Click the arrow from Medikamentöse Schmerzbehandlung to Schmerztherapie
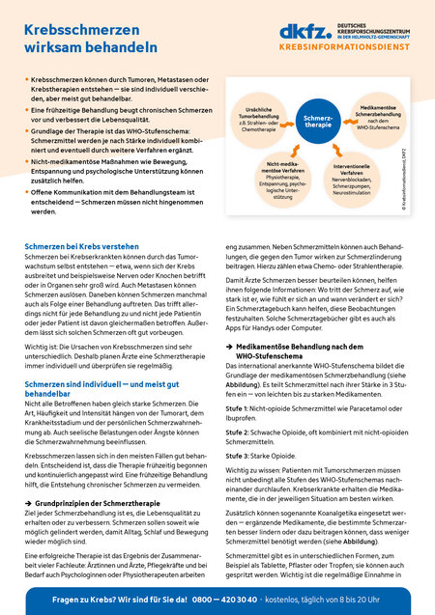(x=344, y=119)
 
